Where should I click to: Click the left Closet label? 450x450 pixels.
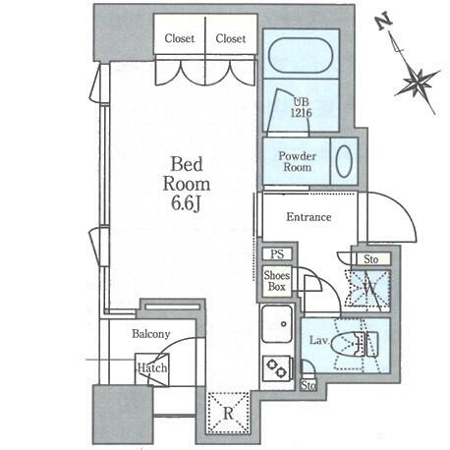[x=180, y=38]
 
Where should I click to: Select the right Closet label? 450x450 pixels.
[x=231, y=38]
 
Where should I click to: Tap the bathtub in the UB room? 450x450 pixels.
[x=301, y=55]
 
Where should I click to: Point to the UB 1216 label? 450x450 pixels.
[x=302, y=107]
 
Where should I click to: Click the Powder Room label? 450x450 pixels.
[x=297, y=161]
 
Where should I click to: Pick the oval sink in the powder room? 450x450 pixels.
[x=344, y=161]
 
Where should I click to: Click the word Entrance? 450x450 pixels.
[x=309, y=217]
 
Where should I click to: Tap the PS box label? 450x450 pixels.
[x=277, y=254]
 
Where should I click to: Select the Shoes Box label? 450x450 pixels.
[x=277, y=281]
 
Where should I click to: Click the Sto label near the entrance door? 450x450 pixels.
[x=371, y=259]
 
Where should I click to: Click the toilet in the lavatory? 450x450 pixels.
[x=355, y=344]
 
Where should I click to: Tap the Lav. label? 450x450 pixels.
[x=319, y=340]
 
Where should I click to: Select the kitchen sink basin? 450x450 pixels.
[x=277, y=323]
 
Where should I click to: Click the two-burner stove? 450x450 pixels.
[x=277, y=368]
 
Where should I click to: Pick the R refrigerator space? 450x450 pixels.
[x=228, y=412]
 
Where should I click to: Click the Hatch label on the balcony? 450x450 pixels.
[x=152, y=367]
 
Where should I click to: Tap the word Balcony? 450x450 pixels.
[x=151, y=334]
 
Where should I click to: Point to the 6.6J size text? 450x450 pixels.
[x=186, y=204]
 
